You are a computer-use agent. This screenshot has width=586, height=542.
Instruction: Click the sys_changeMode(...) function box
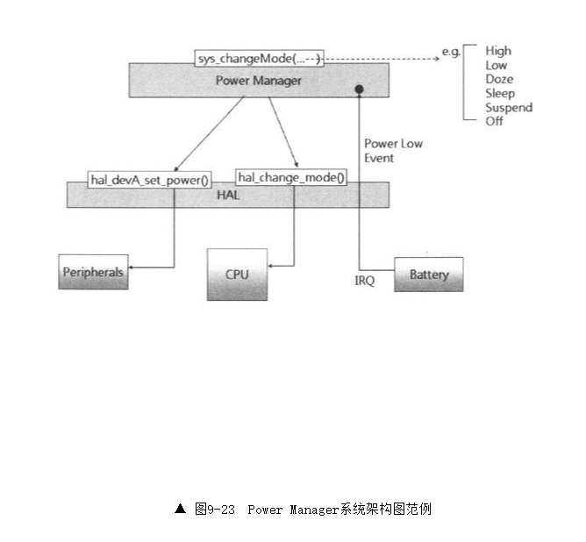click(259, 59)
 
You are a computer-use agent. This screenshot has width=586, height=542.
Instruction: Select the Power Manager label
click(259, 81)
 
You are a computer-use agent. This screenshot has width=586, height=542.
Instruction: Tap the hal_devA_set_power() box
click(150, 180)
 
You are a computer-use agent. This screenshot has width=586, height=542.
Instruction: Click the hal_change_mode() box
click(291, 177)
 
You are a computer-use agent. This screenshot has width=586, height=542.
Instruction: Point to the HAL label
click(228, 195)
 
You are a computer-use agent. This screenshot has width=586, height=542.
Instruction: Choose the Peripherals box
click(92, 272)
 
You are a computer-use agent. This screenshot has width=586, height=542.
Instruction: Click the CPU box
click(237, 275)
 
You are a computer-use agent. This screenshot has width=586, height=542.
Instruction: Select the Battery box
click(429, 275)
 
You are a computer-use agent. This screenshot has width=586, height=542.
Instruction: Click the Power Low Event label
click(393, 151)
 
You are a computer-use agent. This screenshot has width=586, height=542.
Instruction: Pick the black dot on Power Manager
click(359, 90)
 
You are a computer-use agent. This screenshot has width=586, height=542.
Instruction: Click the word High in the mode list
click(497, 52)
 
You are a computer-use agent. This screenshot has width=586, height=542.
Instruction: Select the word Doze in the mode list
click(498, 80)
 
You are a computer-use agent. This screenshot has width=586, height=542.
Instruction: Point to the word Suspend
click(508, 108)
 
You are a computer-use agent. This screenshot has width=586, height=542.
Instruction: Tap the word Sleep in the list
click(499, 94)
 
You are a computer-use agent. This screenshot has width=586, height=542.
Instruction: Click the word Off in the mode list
click(494, 121)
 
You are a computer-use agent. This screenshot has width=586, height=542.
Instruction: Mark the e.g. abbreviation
click(451, 52)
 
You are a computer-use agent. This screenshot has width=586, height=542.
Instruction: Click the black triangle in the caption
click(180, 508)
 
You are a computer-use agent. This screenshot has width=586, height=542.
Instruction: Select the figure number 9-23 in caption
click(221, 509)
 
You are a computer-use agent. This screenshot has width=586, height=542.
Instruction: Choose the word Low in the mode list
click(496, 66)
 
